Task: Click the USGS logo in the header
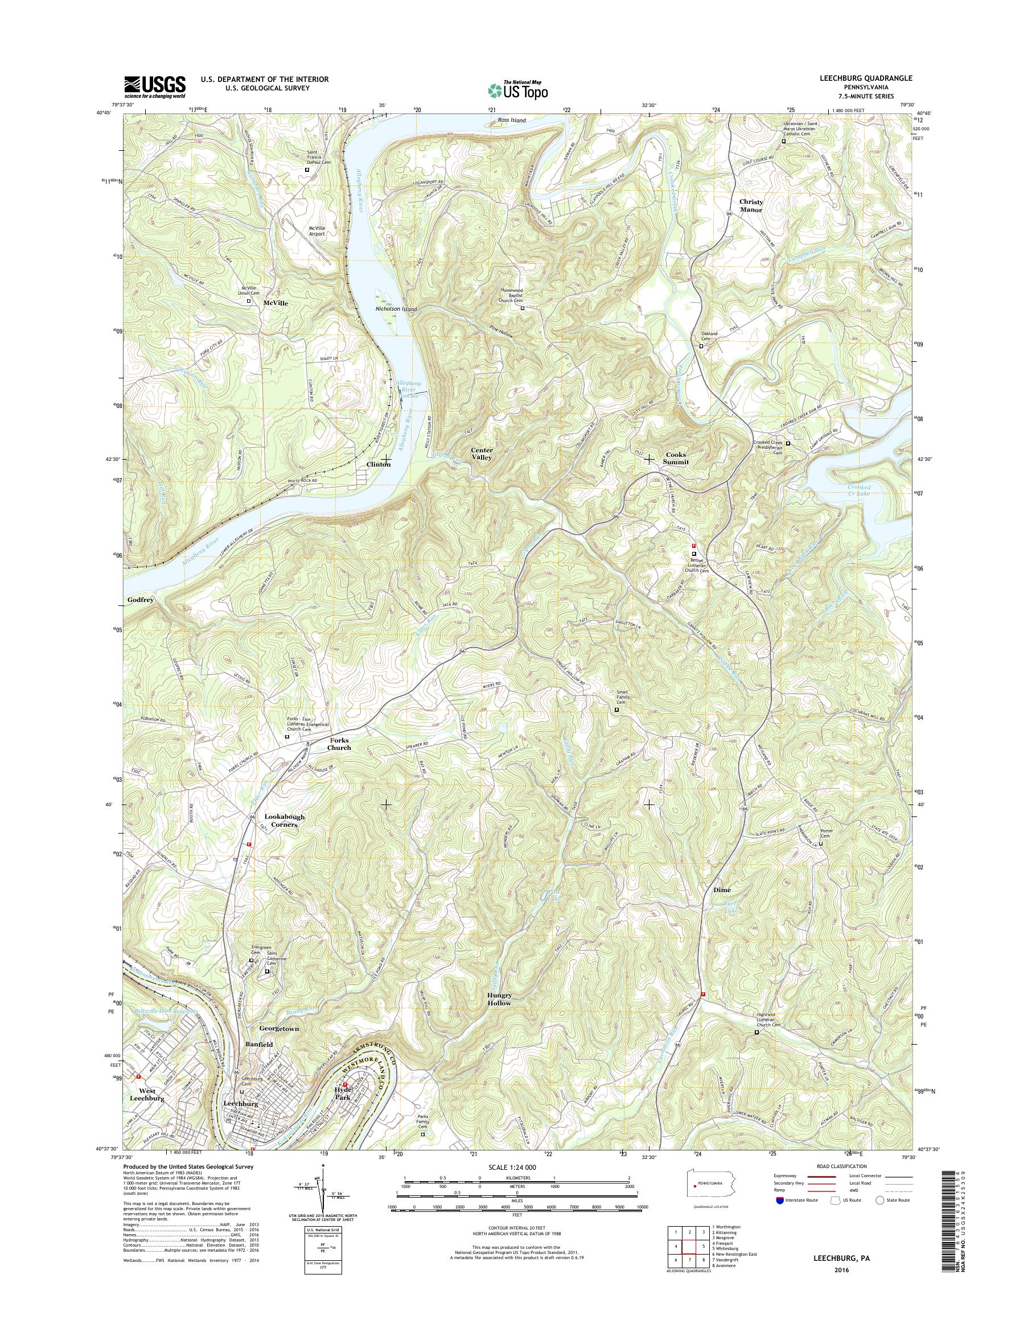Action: [x=155, y=86]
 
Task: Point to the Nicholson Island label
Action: [x=396, y=310]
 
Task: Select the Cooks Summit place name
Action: [x=677, y=458]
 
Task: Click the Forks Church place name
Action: [x=340, y=744]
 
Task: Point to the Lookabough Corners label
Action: [x=285, y=820]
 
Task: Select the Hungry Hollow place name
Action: [x=499, y=999]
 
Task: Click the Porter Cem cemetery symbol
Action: [x=821, y=843]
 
